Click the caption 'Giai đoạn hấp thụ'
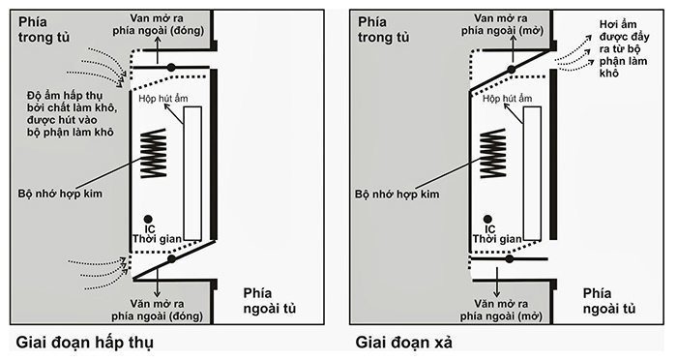(x=85, y=343)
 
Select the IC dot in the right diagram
(x=486, y=218)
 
